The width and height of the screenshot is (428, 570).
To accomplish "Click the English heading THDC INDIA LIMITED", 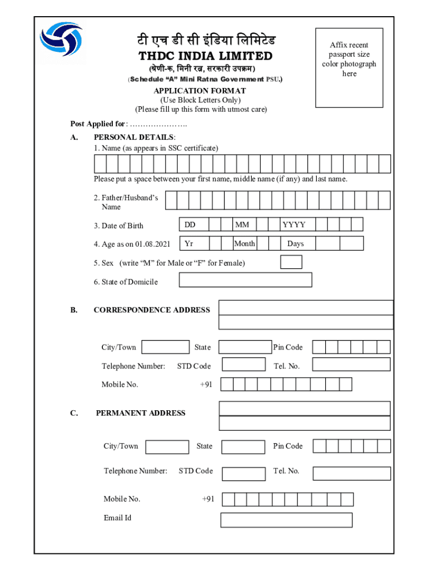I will click(x=205, y=56).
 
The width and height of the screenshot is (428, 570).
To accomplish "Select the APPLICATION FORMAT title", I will click(x=200, y=91).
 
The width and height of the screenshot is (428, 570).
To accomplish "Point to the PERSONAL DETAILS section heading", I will click(x=135, y=137).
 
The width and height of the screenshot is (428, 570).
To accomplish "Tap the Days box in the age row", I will click(x=296, y=244).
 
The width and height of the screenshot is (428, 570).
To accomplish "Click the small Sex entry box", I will click(x=291, y=262).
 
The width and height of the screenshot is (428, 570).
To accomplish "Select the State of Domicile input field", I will click(x=245, y=280).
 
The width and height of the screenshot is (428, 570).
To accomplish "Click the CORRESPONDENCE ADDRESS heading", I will click(x=152, y=310).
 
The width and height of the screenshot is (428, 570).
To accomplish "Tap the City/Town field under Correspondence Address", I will click(x=165, y=347).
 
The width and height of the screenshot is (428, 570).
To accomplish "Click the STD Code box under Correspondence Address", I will click(x=243, y=365).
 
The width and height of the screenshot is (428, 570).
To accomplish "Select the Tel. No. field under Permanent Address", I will click(x=351, y=473).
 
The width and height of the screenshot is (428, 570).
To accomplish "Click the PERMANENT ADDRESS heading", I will click(x=141, y=413).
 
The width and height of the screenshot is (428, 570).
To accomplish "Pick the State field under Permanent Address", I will click(x=243, y=447).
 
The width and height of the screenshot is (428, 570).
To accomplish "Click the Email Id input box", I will click(x=286, y=520).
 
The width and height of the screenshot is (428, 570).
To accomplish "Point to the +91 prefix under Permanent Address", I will click(x=208, y=499).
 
